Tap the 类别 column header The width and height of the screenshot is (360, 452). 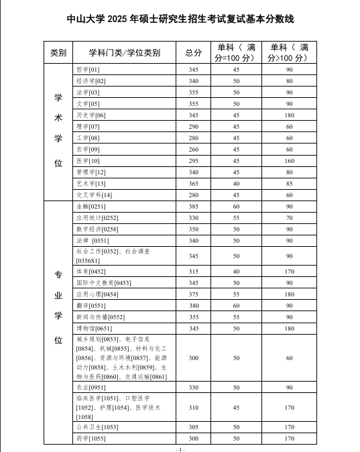(x=58, y=52)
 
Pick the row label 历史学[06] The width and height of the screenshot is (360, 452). (x=91, y=115)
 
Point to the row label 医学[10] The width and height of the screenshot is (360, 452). (x=88, y=161)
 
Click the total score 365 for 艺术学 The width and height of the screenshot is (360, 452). (x=194, y=184)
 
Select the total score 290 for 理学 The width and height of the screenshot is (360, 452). (x=194, y=127)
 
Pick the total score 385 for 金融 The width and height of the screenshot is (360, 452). (x=194, y=207)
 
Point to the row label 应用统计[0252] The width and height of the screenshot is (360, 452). (x=97, y=218)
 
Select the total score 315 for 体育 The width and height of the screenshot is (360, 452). (x=194, y=272)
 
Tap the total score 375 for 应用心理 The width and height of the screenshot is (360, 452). (x=194, y=294)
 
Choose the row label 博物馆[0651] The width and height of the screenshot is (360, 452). (x=93, y=329)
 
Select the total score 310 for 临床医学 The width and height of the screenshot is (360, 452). (x=194, y=408)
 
